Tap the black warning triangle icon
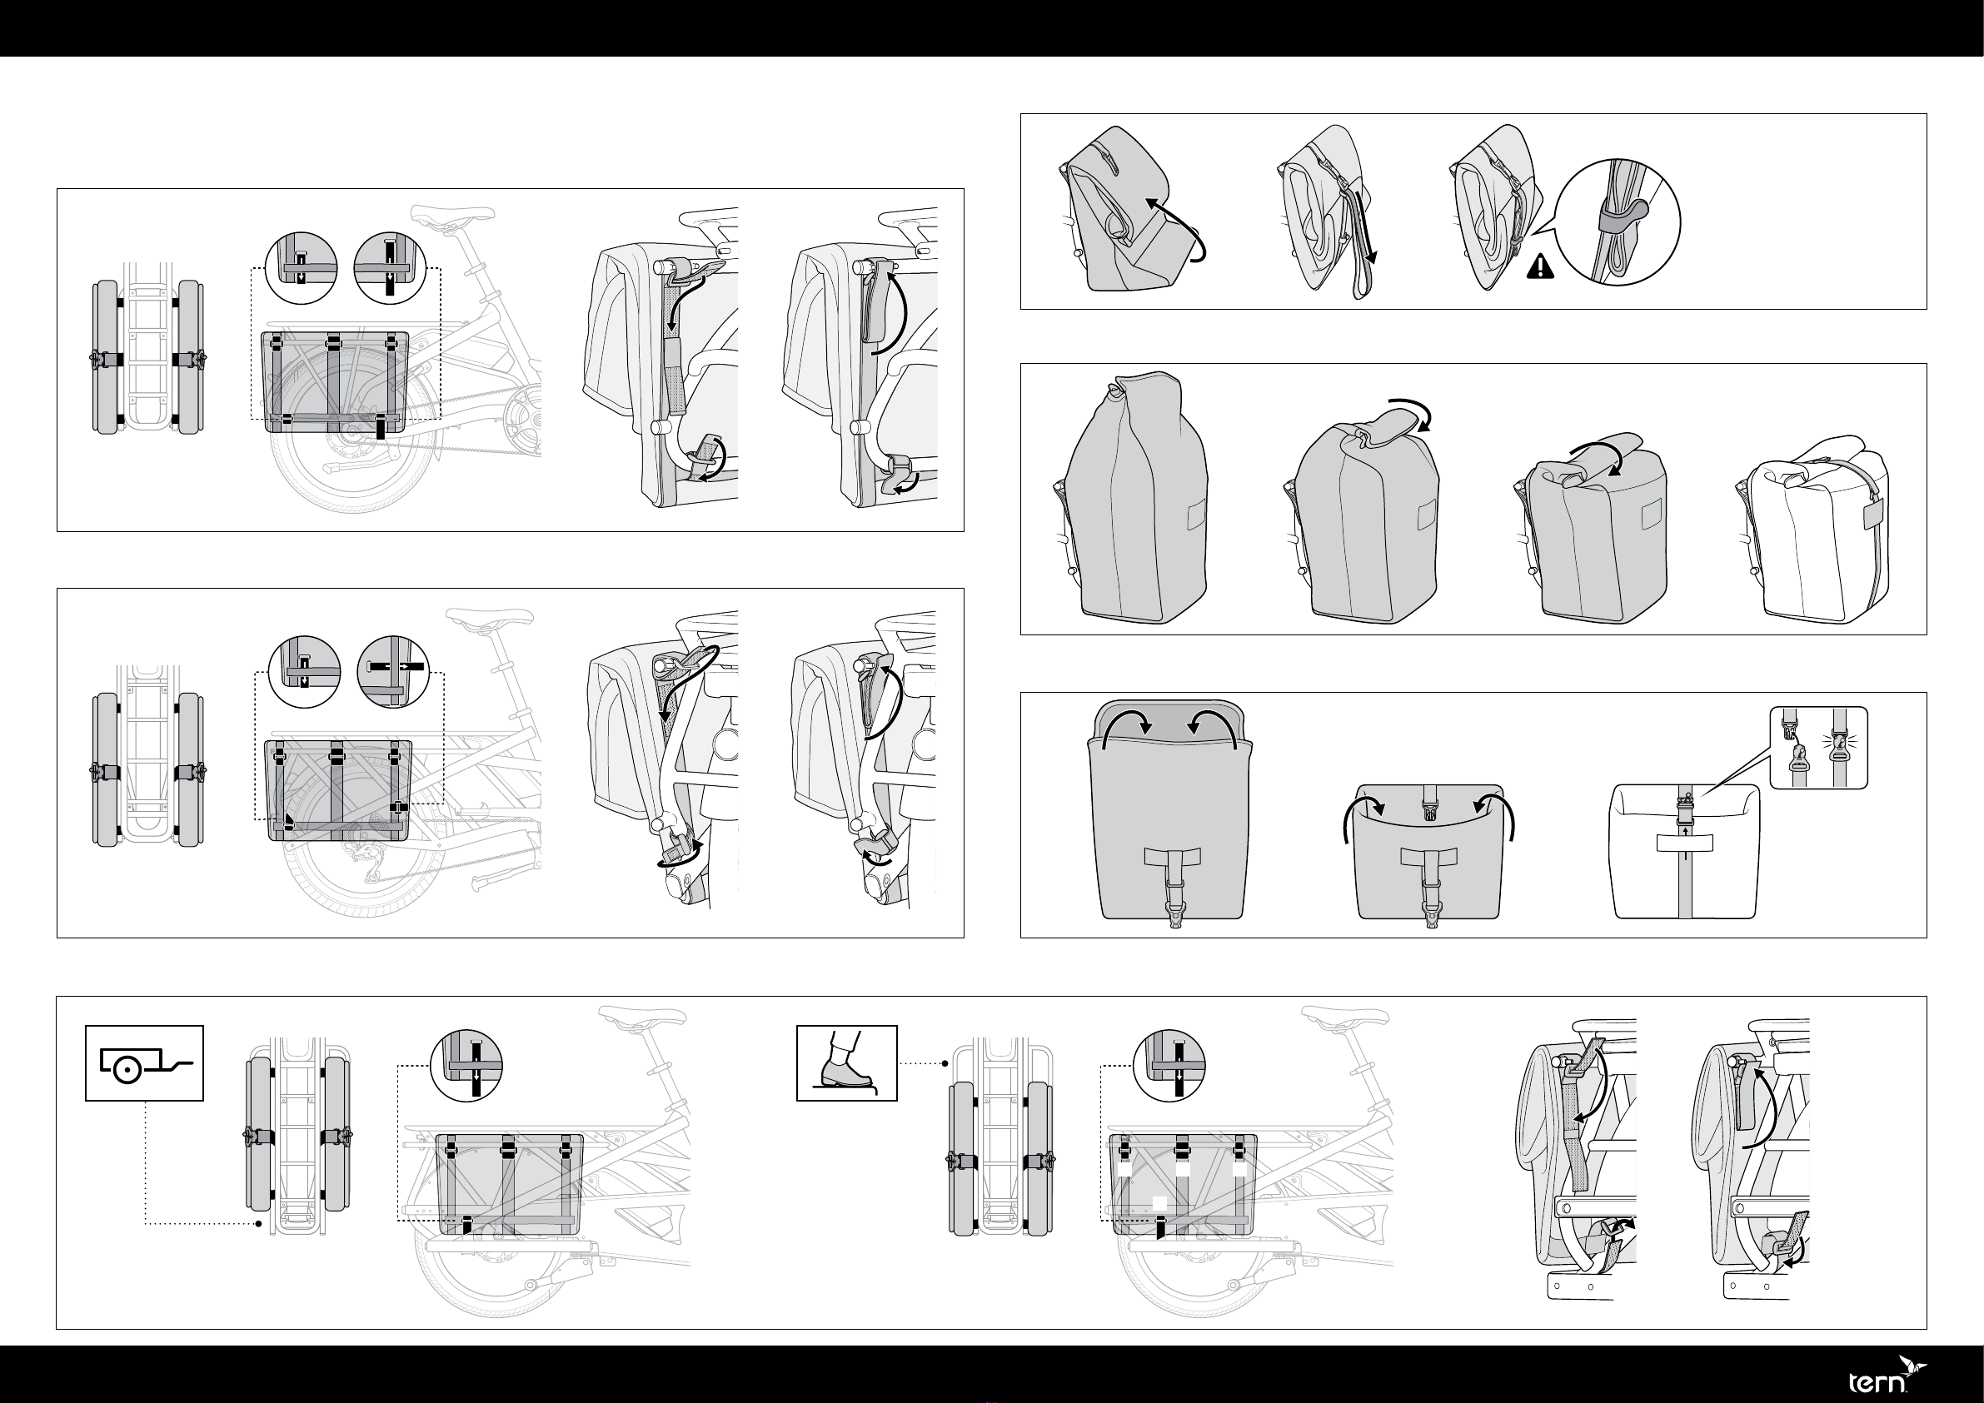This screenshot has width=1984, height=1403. [1540, 268]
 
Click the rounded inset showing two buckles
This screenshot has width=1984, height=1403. [1819, 747]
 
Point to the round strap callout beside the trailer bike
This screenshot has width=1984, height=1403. [466, 1065]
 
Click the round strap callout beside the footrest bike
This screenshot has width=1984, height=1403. [1169, 1065]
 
